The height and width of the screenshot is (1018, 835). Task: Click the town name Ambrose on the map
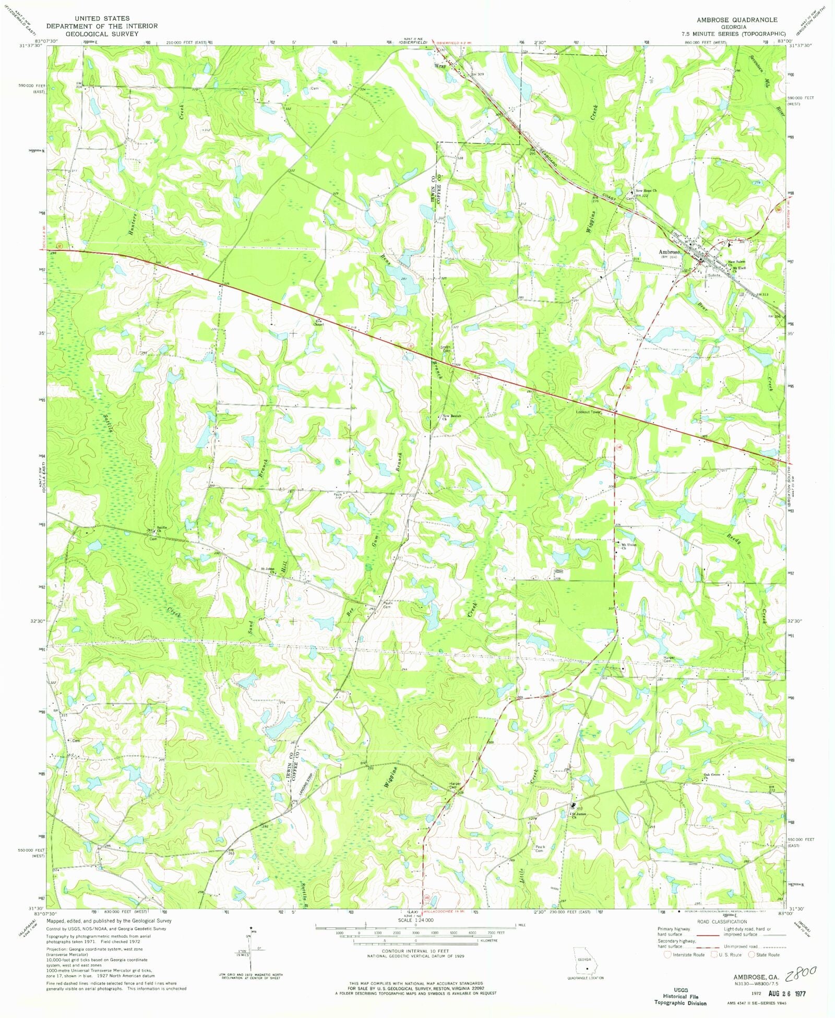point(669,252)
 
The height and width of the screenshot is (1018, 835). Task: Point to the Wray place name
point(440,66)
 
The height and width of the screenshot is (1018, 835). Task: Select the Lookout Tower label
point(589,412)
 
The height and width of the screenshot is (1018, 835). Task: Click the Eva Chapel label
point(318,322)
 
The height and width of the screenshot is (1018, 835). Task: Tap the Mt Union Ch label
point(629,546)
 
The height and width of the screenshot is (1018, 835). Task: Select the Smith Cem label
point(445,349)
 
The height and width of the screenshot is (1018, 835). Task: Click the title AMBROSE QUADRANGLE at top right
point(736,20)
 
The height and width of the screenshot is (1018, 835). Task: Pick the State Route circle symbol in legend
point(752,954)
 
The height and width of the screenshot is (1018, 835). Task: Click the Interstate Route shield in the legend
point(667,954)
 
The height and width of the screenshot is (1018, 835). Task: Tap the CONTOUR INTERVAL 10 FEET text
point(415,951)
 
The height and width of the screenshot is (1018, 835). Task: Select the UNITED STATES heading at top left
point(102,18)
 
